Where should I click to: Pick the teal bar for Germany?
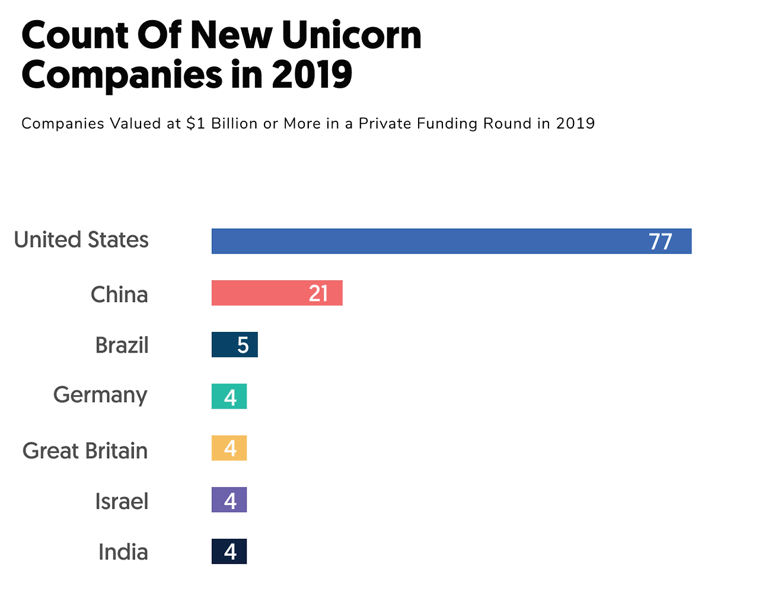(229, 396)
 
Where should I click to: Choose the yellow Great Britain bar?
(229, 448)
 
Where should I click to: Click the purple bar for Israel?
(229, 500)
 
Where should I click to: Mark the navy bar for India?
(229, 551)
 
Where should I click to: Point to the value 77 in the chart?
(660, 242)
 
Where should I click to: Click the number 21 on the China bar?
(318, 293)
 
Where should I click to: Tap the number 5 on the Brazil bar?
(243, 345)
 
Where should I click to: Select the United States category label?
(81, 240)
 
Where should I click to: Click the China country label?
(119, 295)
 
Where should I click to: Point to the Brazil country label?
(122, 345)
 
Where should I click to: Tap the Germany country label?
(100, 395)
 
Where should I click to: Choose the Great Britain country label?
(85, 451)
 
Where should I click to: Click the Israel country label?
(122, 501)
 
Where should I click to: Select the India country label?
(123, 552)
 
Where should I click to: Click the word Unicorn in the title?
(351, 36)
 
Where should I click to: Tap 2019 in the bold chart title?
(312, 75)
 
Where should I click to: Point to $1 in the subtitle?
(196, 123)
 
